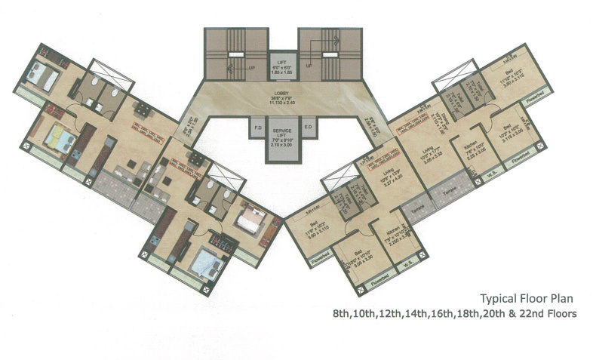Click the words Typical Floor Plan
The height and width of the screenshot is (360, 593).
[529, 298]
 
